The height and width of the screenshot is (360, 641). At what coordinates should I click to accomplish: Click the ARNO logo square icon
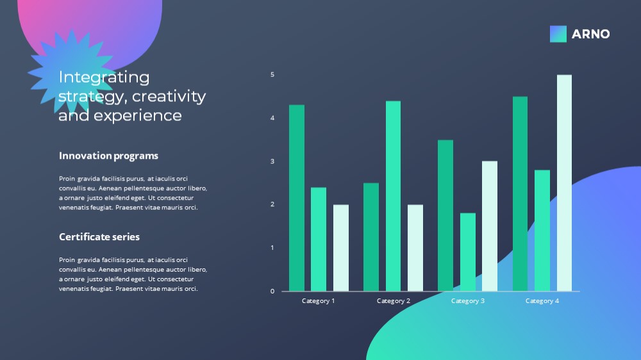(558, 34)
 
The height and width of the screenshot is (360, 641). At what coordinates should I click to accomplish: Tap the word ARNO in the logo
(591, 34)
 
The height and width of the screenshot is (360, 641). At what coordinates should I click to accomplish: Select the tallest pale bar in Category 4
(564, 183)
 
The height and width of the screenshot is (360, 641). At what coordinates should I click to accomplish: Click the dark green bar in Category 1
(297, 198)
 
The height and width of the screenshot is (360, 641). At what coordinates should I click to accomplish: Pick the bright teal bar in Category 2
(394, 196)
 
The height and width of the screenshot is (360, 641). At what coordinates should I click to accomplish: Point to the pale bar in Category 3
(490, 226)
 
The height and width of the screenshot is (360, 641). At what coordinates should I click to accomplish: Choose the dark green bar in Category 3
(445, 215)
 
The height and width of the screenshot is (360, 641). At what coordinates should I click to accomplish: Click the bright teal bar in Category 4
(542, 231)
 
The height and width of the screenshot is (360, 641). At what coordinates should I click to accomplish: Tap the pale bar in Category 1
(341, 248)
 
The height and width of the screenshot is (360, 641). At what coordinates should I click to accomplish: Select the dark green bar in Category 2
(371, 237)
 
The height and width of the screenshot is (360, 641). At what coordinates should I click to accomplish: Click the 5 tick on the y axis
(272, 75)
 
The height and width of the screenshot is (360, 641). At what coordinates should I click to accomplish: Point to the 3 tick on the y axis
(272, 161)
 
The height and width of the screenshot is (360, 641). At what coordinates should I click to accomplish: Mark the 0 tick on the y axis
(272, 291)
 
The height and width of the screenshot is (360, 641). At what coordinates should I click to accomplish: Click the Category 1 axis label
(318, 301)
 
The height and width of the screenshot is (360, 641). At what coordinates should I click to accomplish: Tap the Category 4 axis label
(542, 301)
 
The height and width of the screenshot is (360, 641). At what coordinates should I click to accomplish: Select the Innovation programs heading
(108, 156)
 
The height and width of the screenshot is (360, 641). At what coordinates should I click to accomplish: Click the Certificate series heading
(99, 237)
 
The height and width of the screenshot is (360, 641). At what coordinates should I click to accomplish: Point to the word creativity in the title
(169, 97)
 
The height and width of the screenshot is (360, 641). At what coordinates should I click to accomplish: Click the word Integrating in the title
(104, 78)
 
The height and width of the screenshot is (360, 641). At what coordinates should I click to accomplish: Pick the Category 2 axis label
(394, 301)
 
